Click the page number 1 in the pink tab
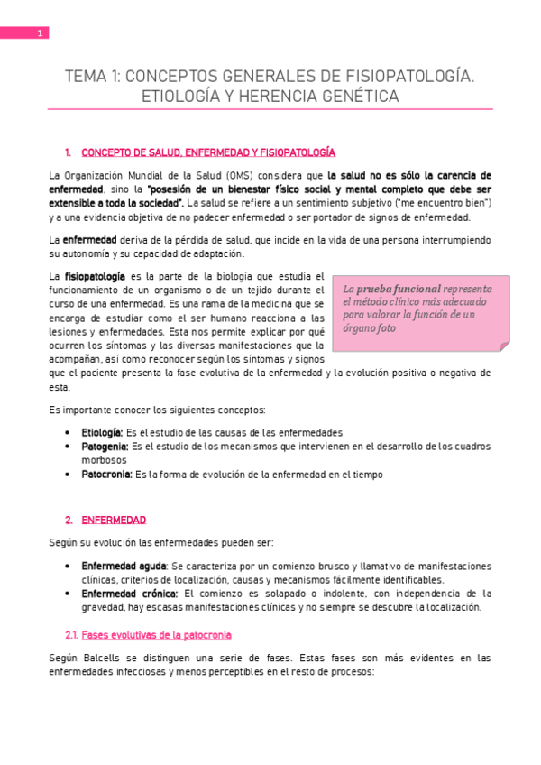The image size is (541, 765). (40, 34)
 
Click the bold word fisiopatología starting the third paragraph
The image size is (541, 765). (94, 275)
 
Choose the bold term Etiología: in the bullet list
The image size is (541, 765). (102, 432)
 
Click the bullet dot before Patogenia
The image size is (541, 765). (70, 447)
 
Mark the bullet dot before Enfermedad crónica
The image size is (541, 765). (70, 594)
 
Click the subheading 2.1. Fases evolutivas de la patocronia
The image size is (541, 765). (148, 636)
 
